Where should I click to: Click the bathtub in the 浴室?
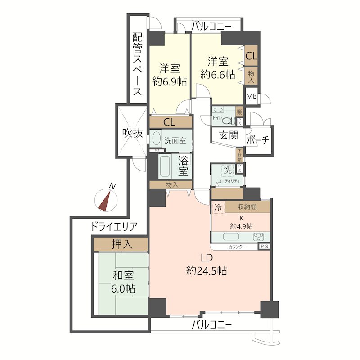tap(165, 167)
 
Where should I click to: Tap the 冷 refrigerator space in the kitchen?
tap(218, 208)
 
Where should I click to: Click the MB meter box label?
tap(251, 96)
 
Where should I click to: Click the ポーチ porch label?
tap(258, 140)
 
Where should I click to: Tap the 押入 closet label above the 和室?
tap(121, 244)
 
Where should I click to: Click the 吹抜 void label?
tap(132, 133)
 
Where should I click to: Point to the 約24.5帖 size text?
tap(206, 271)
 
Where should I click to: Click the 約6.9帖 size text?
tap(170, 81)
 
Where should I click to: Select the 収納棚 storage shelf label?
tap(247, 207)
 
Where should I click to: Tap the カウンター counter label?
tap(237, 247)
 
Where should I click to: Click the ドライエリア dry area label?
tap(114, 226)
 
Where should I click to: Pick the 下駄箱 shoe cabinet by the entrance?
tap(239, 155)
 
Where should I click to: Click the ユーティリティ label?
tap(229, 180)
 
